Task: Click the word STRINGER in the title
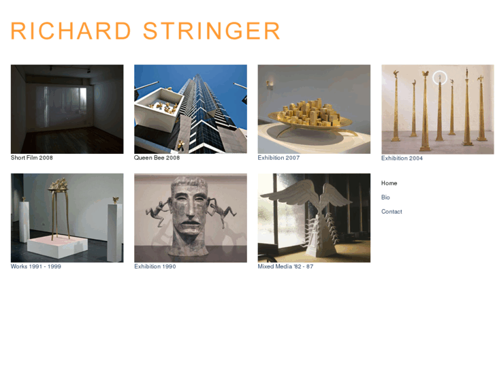212,31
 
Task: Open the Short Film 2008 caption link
31,158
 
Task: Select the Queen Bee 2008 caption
157,158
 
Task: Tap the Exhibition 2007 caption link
278,158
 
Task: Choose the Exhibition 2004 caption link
402,159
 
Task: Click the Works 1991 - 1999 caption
35,267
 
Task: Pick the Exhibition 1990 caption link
155,267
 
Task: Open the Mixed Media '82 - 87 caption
285,267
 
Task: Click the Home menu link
389,183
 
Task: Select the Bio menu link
385,197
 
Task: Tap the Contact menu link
392,212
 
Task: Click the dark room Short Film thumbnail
67,109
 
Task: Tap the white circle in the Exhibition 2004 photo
440,78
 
